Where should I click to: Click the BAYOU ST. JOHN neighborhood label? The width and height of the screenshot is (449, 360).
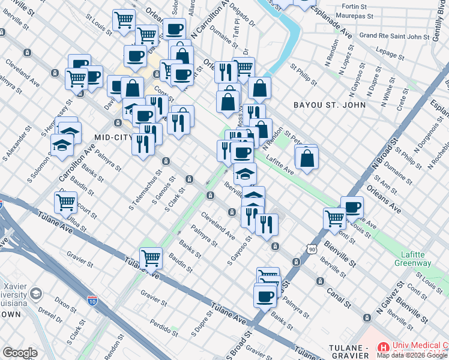pyautogui.click(x=329, y=105)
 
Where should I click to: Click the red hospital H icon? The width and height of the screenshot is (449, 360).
pyautogui.click(x=383, y=347)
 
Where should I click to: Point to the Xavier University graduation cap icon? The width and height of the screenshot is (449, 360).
pyautogui.click(x=35, y=294)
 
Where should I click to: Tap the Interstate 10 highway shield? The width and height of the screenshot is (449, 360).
pyautogui.click(x=92, y=299)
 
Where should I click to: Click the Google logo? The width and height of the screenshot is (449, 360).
pyautogui.click(x=20, y=353)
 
